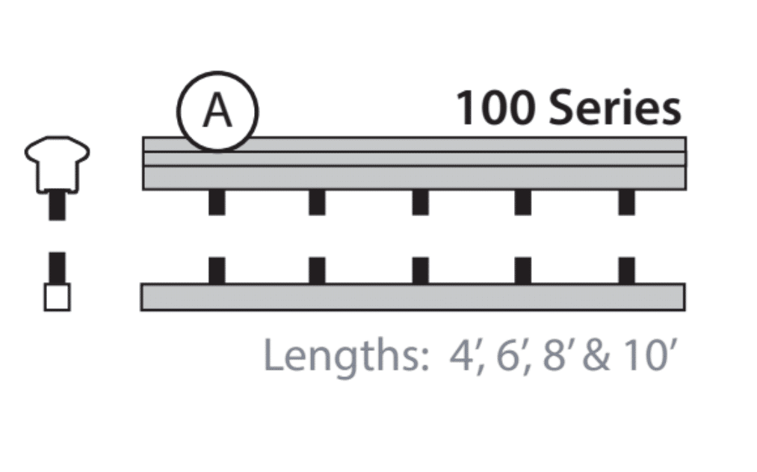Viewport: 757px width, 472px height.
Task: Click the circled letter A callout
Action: pyautogui.click(x=217, y=111)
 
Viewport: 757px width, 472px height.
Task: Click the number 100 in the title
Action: pyautogui.click(x=495, y=108)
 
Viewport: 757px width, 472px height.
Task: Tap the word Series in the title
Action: pyautogui.click(x=614, y=108)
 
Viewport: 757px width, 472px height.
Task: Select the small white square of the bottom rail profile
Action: pyautogui.click(x=57, y=298)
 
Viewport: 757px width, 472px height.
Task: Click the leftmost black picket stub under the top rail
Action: pyautogui.click(x=217, y=202)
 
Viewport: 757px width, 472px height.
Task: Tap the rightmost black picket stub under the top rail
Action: pyautogui.click(x=626, y=202)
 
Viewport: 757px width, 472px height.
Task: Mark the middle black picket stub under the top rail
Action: pyautogui.click(x=421, y=202)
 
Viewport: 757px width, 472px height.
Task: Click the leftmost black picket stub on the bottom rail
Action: pyautogui.click(x=217, y=270)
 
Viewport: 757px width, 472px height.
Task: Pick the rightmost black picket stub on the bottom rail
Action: pyautogui.click(x=626, y=270)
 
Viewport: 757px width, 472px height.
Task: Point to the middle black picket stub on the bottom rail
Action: pyautogui.click(x=421, y=270)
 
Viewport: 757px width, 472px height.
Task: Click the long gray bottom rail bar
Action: pyautogui.click(x=413, y=297)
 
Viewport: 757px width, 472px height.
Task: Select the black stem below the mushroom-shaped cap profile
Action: pyautogui.click(x=57, y=206)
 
